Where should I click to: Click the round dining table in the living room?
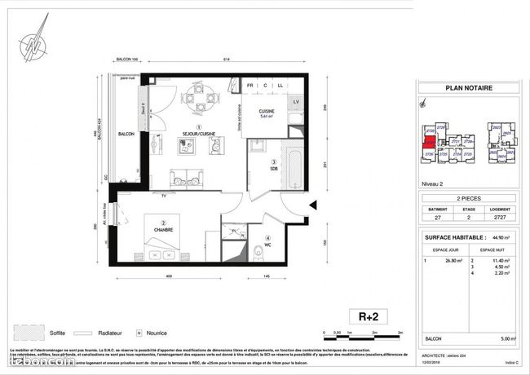click(198, 102)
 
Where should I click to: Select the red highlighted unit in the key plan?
click(428, 137)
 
